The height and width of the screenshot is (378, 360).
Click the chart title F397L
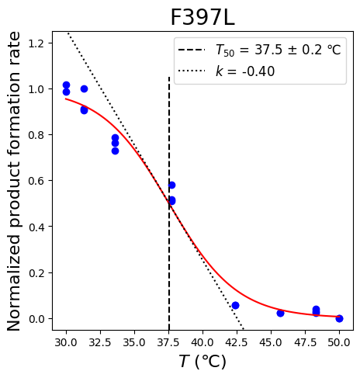(202, 18)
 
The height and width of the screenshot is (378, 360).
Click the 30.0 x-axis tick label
(66, 342)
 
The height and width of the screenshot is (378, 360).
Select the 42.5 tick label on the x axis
(237, 342)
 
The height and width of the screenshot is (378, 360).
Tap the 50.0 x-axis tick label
(339, 342)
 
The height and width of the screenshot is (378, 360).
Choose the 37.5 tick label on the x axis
(168, 342)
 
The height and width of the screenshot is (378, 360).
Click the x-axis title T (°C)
(202, 362)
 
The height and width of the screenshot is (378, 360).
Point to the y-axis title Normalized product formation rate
(13, 181)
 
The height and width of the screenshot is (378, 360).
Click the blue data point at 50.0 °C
(339, 318)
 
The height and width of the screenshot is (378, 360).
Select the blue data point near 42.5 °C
(235, 305)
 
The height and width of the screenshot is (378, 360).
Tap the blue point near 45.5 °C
(280, 313)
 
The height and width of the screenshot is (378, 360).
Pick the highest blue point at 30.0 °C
(66, 85)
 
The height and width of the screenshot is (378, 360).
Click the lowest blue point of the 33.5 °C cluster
(115, 151)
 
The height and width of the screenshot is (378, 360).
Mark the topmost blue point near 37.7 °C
(171, 185)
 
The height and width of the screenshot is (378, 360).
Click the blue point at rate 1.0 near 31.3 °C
(84, 89)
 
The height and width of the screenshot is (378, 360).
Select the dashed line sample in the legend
(192, 50)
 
